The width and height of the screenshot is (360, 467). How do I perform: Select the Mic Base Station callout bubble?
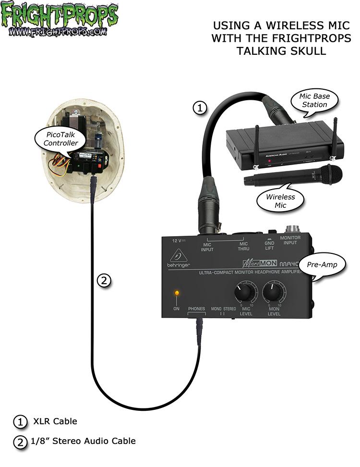point(314,100)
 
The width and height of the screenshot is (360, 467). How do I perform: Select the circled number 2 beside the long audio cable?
point(104,280)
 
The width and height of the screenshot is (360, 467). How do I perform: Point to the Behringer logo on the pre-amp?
point(179,256)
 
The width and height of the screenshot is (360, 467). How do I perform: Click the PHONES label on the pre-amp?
point(196,309)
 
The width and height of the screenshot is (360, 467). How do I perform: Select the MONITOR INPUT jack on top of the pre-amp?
point(290,230)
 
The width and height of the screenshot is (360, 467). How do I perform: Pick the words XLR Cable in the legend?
point(55,421)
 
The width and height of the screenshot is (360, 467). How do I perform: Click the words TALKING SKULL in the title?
point(281,50)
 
